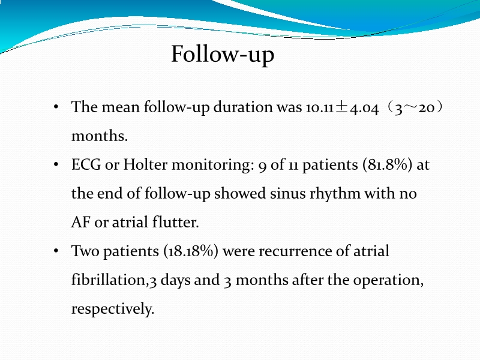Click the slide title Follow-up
pos(223,55)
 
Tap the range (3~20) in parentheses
pos(416,108)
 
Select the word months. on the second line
pos(99,136)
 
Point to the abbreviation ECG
pos(86,166)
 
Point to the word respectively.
pos(112,309)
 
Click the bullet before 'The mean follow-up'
pos(56,108)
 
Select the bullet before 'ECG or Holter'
pos(56,166)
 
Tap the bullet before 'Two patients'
pos(56,251)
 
